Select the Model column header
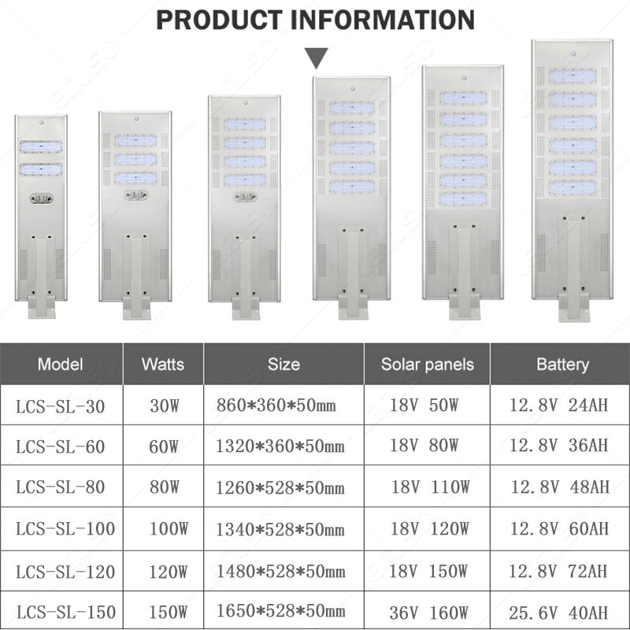click(x=61, y=365)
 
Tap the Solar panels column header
click(x=428, y=365)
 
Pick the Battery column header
click(x=562, y=365)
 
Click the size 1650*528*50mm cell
click(x=280, y=611)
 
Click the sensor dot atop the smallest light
click(x=40, y=124)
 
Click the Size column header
click(x=283, y=365)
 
